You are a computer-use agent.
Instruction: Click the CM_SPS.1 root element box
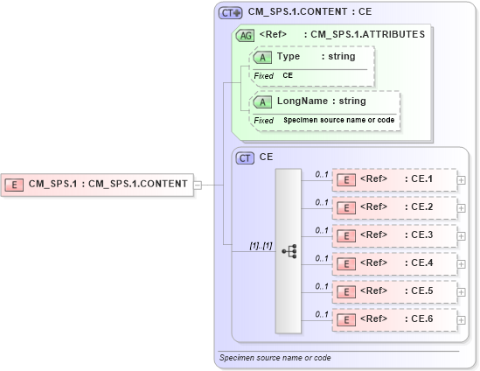point(97,184)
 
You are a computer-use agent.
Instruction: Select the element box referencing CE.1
point(394,180)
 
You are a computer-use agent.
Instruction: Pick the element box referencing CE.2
point(394,208)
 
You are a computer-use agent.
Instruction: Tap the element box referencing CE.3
point(394,236)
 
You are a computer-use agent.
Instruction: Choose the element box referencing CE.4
point(394,263)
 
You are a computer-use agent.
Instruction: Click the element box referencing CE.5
point(394,291)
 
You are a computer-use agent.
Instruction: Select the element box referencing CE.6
point(394,319)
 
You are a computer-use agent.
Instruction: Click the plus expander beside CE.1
point(462,181)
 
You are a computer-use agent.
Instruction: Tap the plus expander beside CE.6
point(462,320)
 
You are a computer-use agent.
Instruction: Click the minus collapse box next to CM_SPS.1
point(198,185)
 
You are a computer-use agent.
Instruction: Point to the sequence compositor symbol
point(289,251)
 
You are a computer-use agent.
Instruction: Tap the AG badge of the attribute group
point(246,35)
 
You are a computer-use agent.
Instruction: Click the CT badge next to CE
point(246,157)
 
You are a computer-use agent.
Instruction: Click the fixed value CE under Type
point(287,76)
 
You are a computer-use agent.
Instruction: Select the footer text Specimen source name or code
point(275,358)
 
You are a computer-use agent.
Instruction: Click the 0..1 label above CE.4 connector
point(321,258)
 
